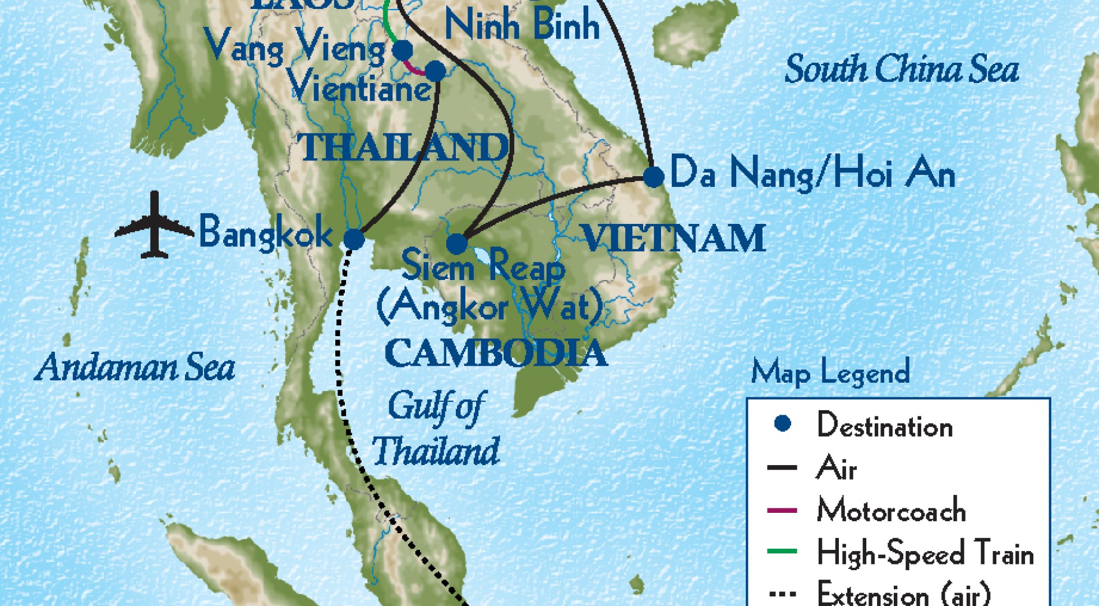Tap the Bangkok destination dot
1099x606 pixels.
click(x=354, y=240)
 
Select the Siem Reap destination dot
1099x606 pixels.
click(x=457, y=244)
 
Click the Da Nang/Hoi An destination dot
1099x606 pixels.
click(x=653, y=177)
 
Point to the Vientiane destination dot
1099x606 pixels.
click(x=436, y=71)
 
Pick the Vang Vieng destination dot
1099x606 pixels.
click(x=403, y=50)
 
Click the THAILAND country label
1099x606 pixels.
click(x=405, y=148)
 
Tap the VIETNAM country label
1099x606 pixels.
click(x=674, y=238)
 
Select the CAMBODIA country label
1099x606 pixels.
click(x=496, y=353)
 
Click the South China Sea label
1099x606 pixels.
click(x=901, y=70)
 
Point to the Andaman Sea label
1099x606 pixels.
click(x=135, y=368)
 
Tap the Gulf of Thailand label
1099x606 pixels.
click(x=436, y=429)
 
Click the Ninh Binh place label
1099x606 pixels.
click(x=521, y=25)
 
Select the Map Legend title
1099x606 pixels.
click(x=830, y=373)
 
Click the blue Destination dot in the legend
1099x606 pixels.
click(x=782, y=424)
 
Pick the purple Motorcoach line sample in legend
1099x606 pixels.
click(x=782, y=511)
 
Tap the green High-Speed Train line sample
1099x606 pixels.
click(x=782, y=552)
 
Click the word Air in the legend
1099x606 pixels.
click(x=836, y=468)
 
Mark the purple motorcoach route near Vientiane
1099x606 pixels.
click(x=415, y=71)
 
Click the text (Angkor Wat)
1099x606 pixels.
click(x=490, y=307)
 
